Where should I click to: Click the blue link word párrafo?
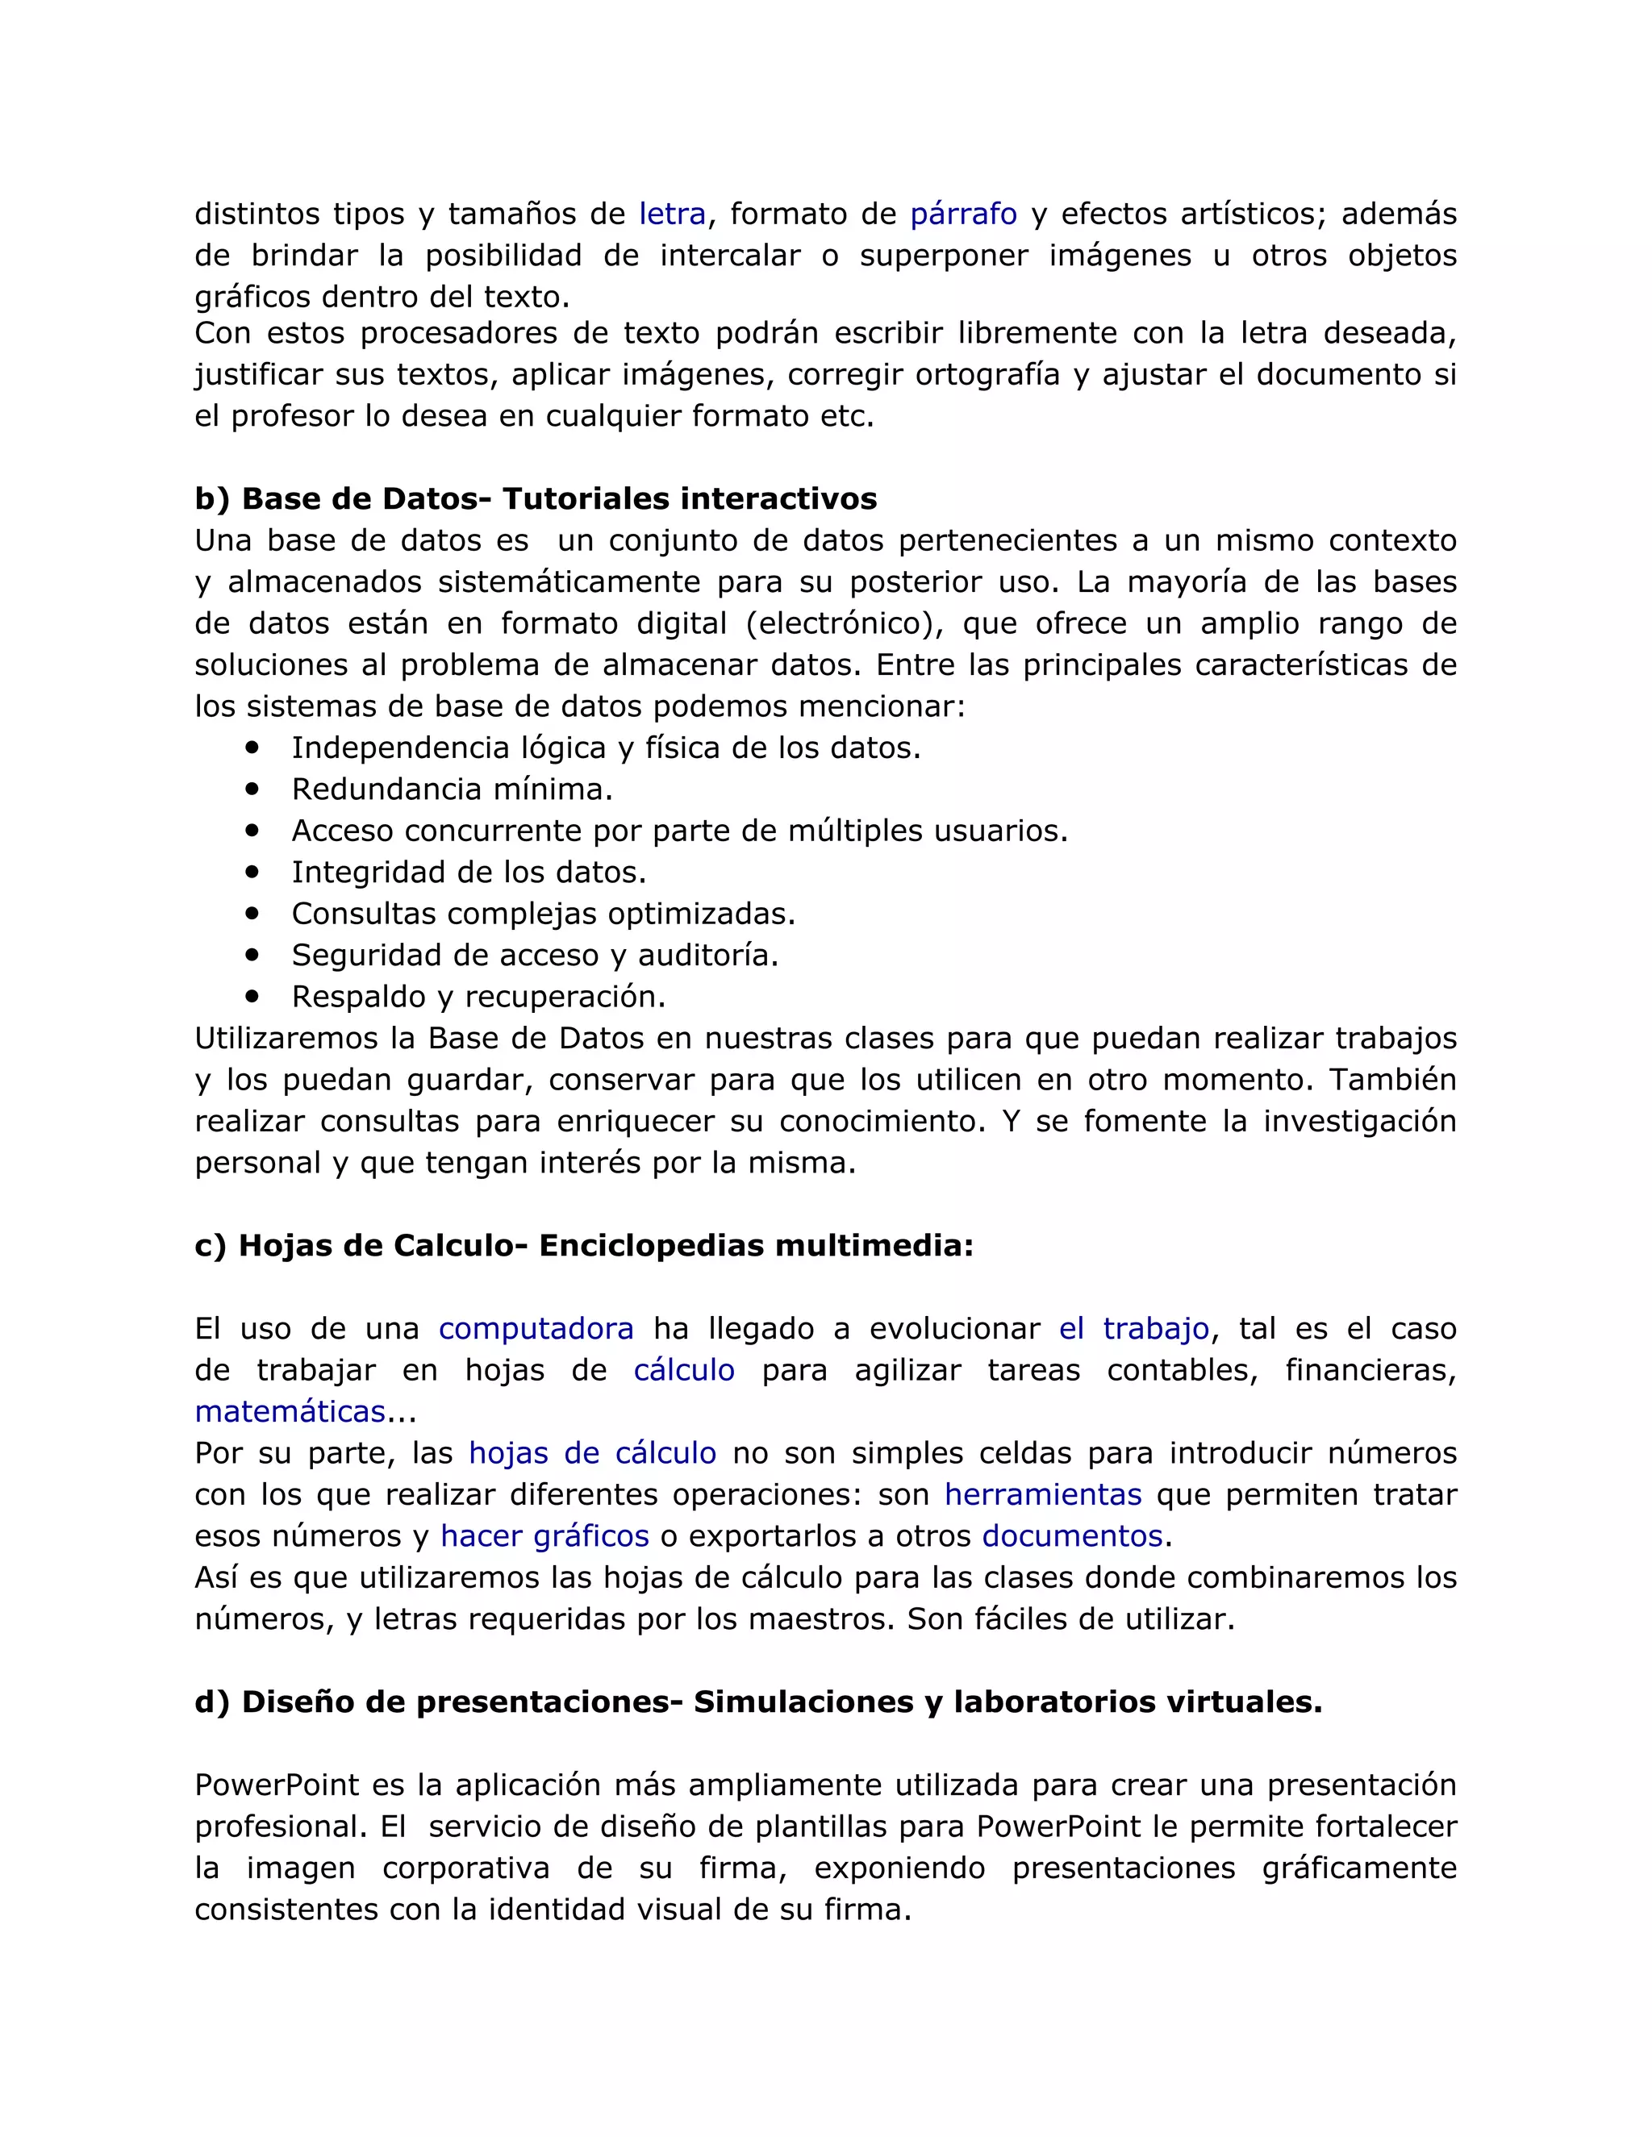963,214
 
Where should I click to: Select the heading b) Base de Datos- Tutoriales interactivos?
536,499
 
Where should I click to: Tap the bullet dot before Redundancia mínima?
253,788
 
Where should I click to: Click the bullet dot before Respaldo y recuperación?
253,995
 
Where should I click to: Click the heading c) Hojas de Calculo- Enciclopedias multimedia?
584,1246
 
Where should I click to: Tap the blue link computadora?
536,1329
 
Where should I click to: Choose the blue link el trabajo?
1133,1329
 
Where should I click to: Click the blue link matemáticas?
290,1412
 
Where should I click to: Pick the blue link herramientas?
1042,1495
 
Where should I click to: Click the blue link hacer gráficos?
544,1536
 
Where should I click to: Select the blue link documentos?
1072,1536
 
